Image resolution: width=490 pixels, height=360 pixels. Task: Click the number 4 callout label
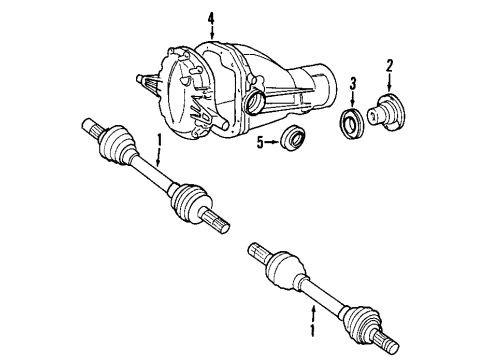click(211, 18)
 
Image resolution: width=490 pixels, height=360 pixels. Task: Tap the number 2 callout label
click(390, 66)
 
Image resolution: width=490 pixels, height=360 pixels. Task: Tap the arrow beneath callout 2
click(390, 82)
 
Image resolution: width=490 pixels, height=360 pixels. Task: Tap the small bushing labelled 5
click(294, 139)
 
